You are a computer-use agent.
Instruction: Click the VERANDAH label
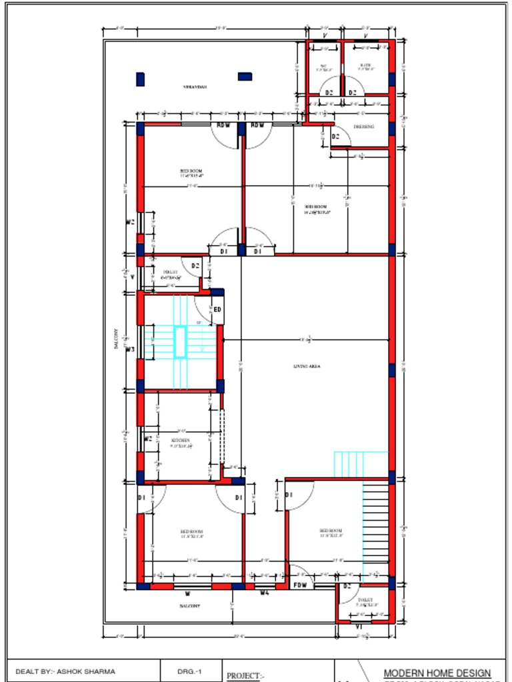195,87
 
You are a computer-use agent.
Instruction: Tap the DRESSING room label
363,127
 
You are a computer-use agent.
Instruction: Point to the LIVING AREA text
307,366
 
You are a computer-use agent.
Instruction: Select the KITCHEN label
180,441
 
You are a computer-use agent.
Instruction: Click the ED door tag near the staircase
217,310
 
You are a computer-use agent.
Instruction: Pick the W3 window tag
131,349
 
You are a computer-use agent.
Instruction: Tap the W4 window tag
265,592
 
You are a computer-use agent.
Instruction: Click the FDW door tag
301,585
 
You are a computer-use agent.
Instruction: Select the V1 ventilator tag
359,627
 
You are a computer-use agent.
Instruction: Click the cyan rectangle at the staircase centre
180,342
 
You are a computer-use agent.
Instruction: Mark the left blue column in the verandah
140,79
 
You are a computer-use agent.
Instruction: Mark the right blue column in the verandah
245,77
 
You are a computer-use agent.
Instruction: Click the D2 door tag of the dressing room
336,137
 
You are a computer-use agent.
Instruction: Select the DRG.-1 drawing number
189,671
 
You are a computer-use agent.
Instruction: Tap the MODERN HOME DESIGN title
437,673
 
